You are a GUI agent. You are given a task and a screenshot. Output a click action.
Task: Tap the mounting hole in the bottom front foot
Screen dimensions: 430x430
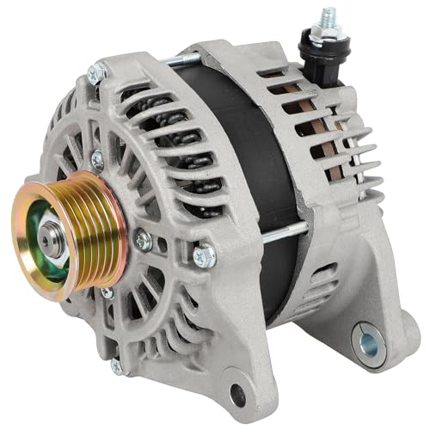[x=236, y=396]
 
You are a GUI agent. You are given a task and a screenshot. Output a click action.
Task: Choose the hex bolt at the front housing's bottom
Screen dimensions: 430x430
[x=118, y=365]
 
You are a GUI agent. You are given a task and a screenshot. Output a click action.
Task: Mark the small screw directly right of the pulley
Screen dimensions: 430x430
[x=143, y=242]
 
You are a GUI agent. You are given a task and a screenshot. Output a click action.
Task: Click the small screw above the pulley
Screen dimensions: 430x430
[x=97, y=159]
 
